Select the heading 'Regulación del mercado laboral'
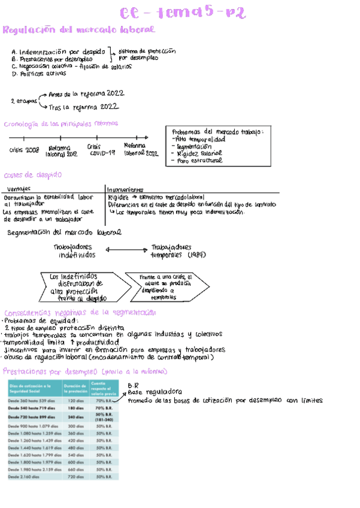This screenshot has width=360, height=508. [x=78, y=30]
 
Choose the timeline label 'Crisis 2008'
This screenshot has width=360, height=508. [x=24, y=150]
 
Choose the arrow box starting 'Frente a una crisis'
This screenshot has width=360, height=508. [x=165, y=287]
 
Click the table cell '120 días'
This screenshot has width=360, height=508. [x=75, y=400]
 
